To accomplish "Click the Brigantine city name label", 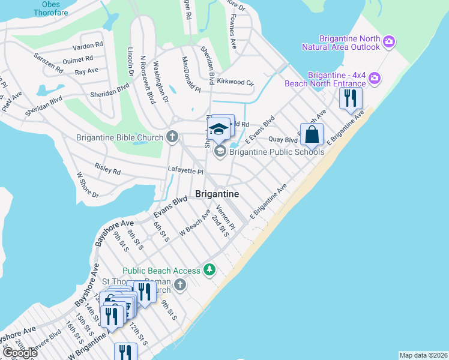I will [217, 194].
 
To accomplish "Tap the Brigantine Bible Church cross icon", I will [172, 137].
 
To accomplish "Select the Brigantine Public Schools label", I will [277, 151].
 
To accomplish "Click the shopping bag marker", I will [312, 134].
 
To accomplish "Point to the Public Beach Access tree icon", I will [209, 270].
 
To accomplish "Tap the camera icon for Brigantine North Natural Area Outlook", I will [390, 41].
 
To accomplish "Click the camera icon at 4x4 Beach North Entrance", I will [375, 78].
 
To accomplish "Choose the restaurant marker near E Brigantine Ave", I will [351, 98].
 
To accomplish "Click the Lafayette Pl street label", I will [185, 171].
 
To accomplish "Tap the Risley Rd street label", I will [107, 169].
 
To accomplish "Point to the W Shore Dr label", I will [87, 185].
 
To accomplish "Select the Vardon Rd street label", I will [88, 46].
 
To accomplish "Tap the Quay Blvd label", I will [283, 140].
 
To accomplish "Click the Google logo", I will [19, 353].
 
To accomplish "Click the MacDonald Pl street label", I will [191, 75].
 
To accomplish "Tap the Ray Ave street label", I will [86, 71].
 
